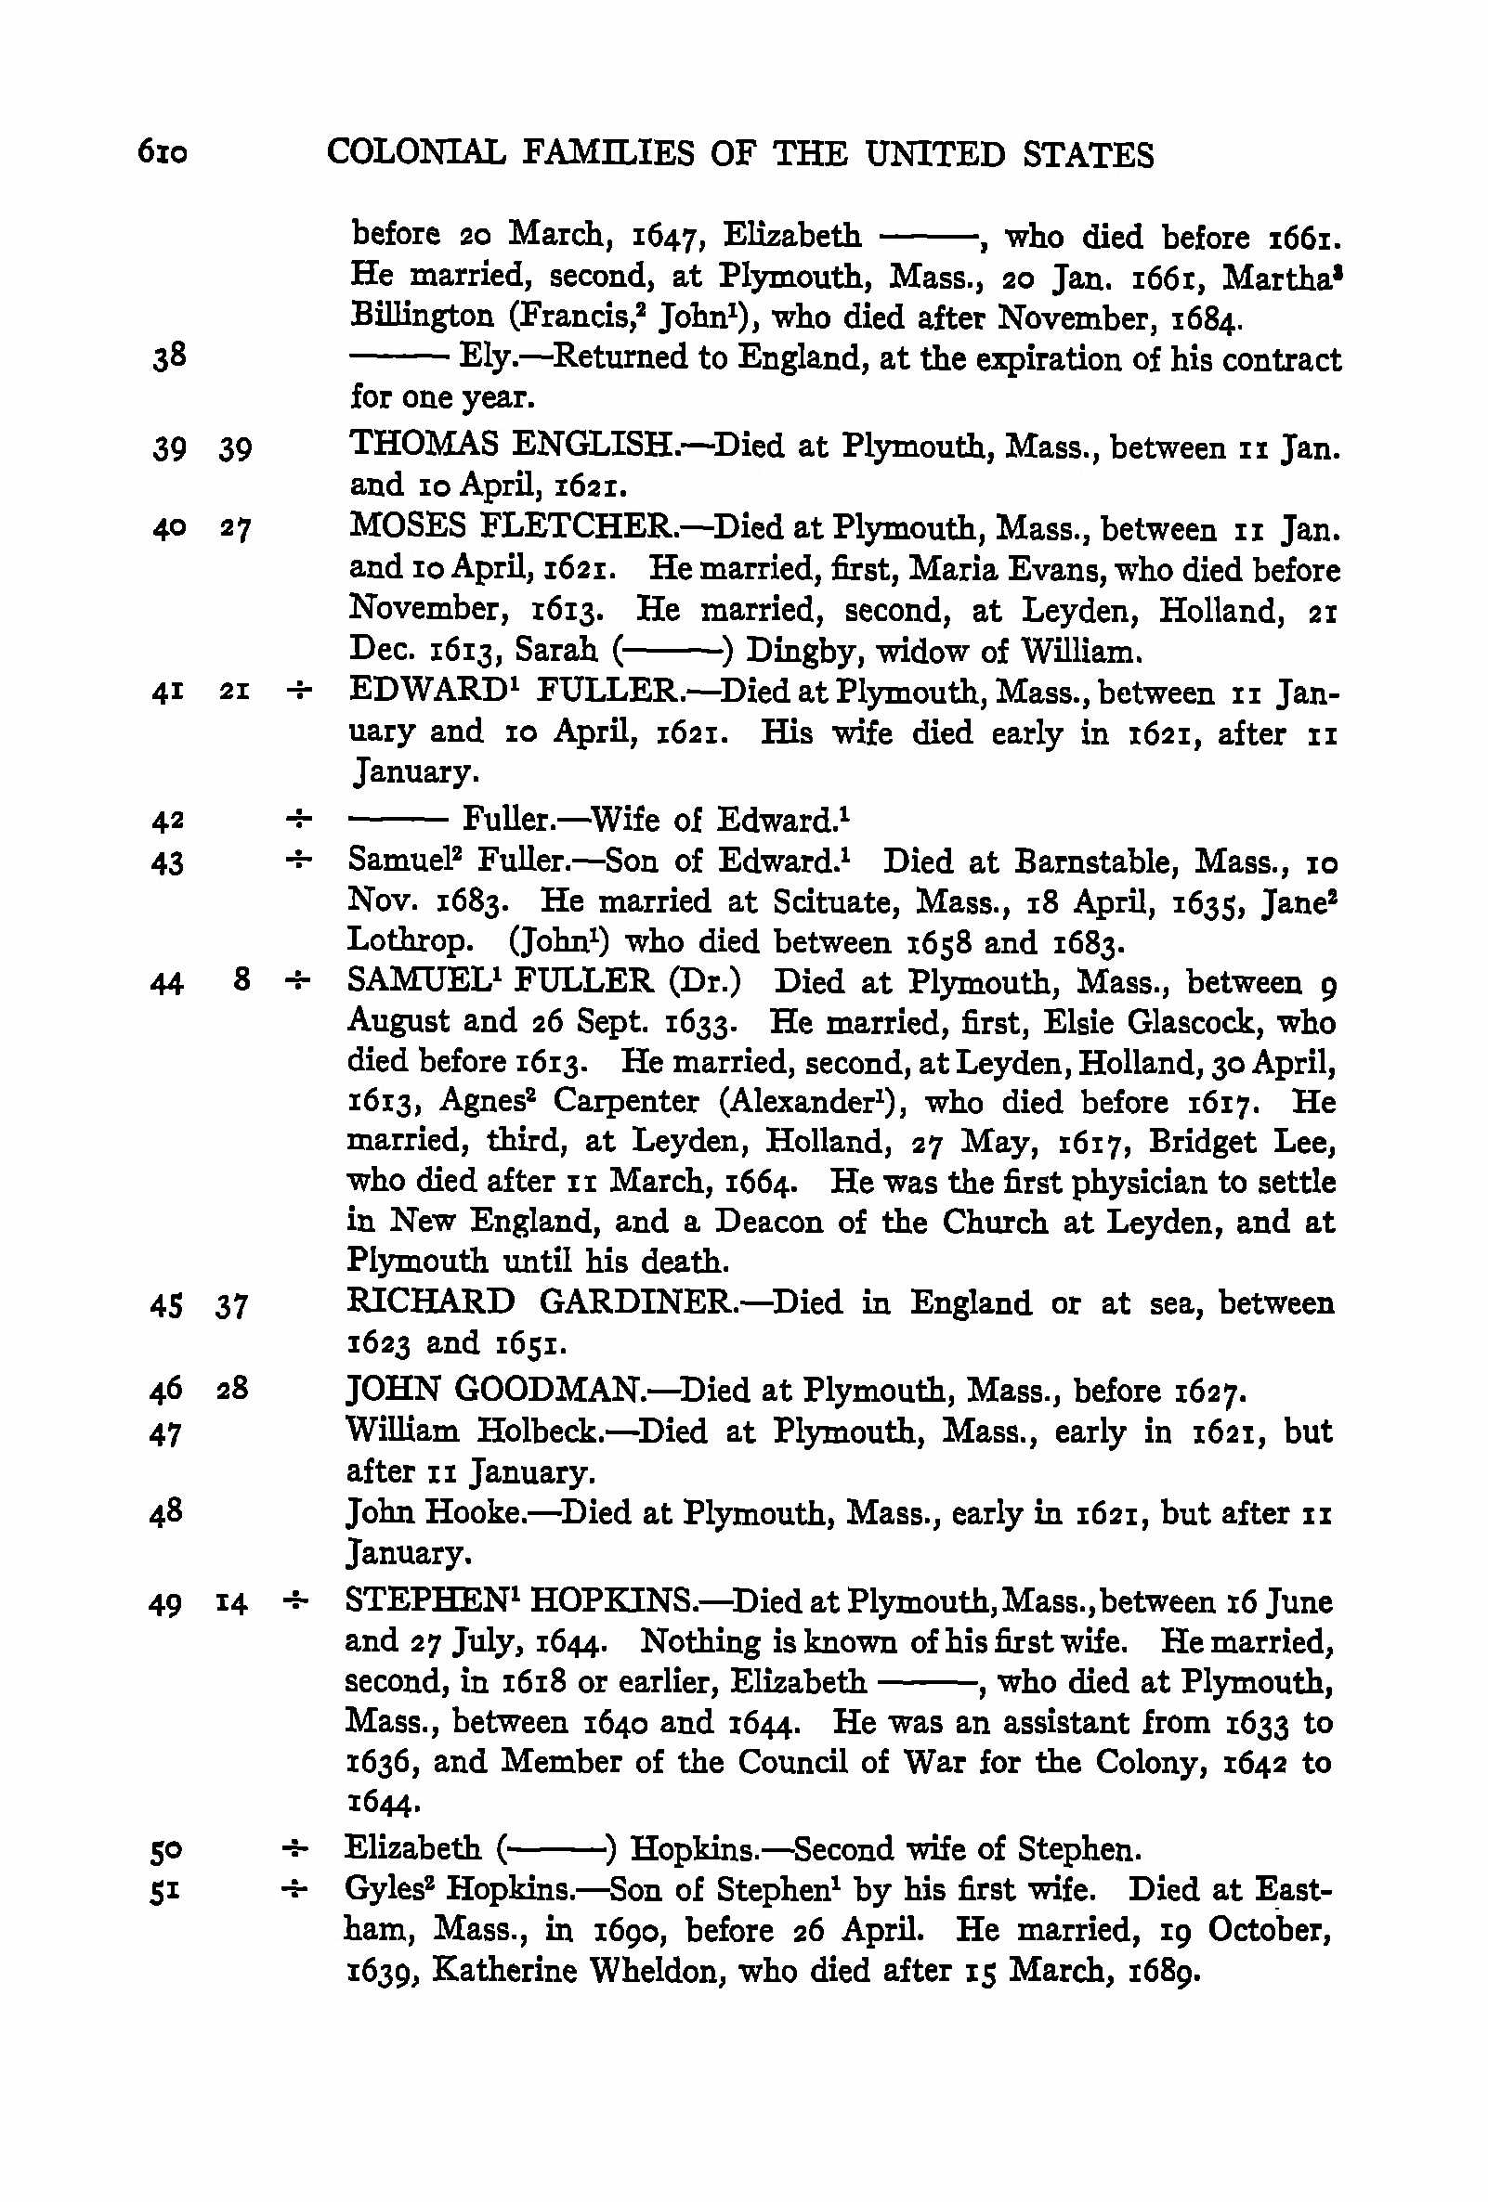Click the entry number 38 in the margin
[x=169, y=357]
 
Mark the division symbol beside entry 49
[x=295, y=1602]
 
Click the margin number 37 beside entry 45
[x=231, y=1305]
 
